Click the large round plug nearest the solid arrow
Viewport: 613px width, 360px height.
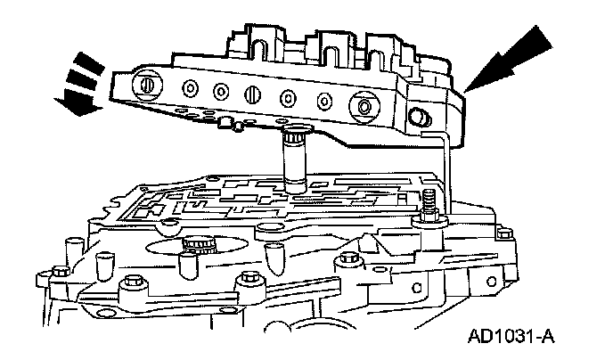click(x=363, y=106)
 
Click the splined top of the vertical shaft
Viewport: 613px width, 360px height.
click(x=292, y=137)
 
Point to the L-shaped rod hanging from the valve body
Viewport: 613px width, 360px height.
click(x=445, y=169)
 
